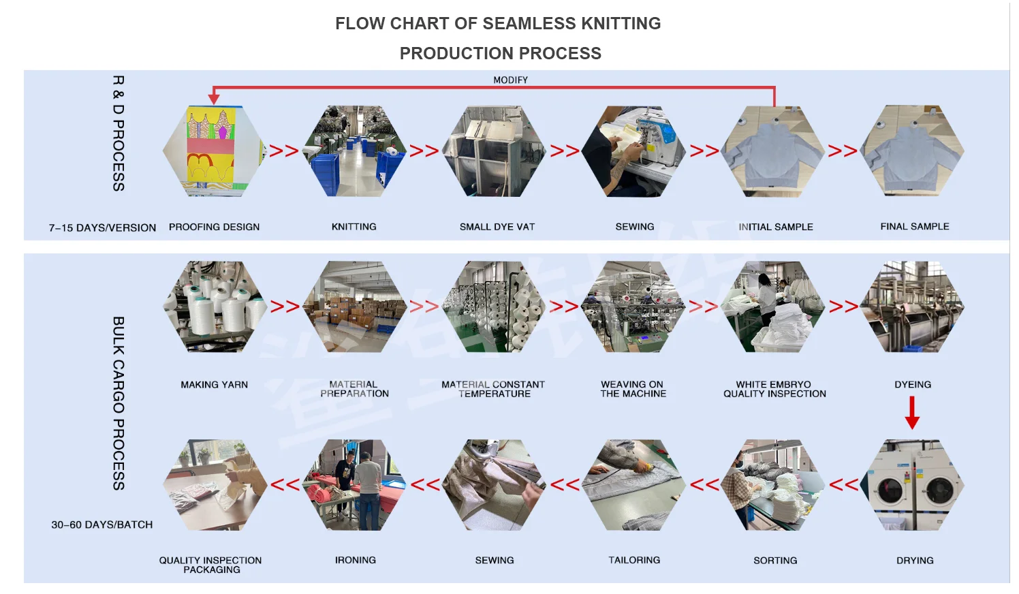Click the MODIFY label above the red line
(x=510, y=80)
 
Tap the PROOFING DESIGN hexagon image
(x=214, y=151)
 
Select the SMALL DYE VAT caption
(x=497, y=227)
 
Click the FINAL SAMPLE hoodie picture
(x=913, y=151)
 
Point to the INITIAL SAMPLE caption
(x=775, y=227)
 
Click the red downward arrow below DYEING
(x=912, y=412)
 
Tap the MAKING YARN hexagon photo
(x=214, y=307)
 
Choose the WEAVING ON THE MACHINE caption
(x=633, y=389)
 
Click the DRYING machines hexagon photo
(x=914, y=485)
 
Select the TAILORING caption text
(x=633, y=560)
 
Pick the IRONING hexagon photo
(x=354, y=485)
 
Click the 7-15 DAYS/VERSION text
(x=102, y=228)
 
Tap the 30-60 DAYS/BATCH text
(x=102, y=525)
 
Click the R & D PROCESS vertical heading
(x=119, y=133)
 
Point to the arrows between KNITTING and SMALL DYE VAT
(x=424, y=151)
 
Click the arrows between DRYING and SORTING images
(x=844, y=485)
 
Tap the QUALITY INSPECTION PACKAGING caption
(x=210, y=565)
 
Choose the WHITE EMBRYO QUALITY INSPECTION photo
(x=772, y=307)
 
